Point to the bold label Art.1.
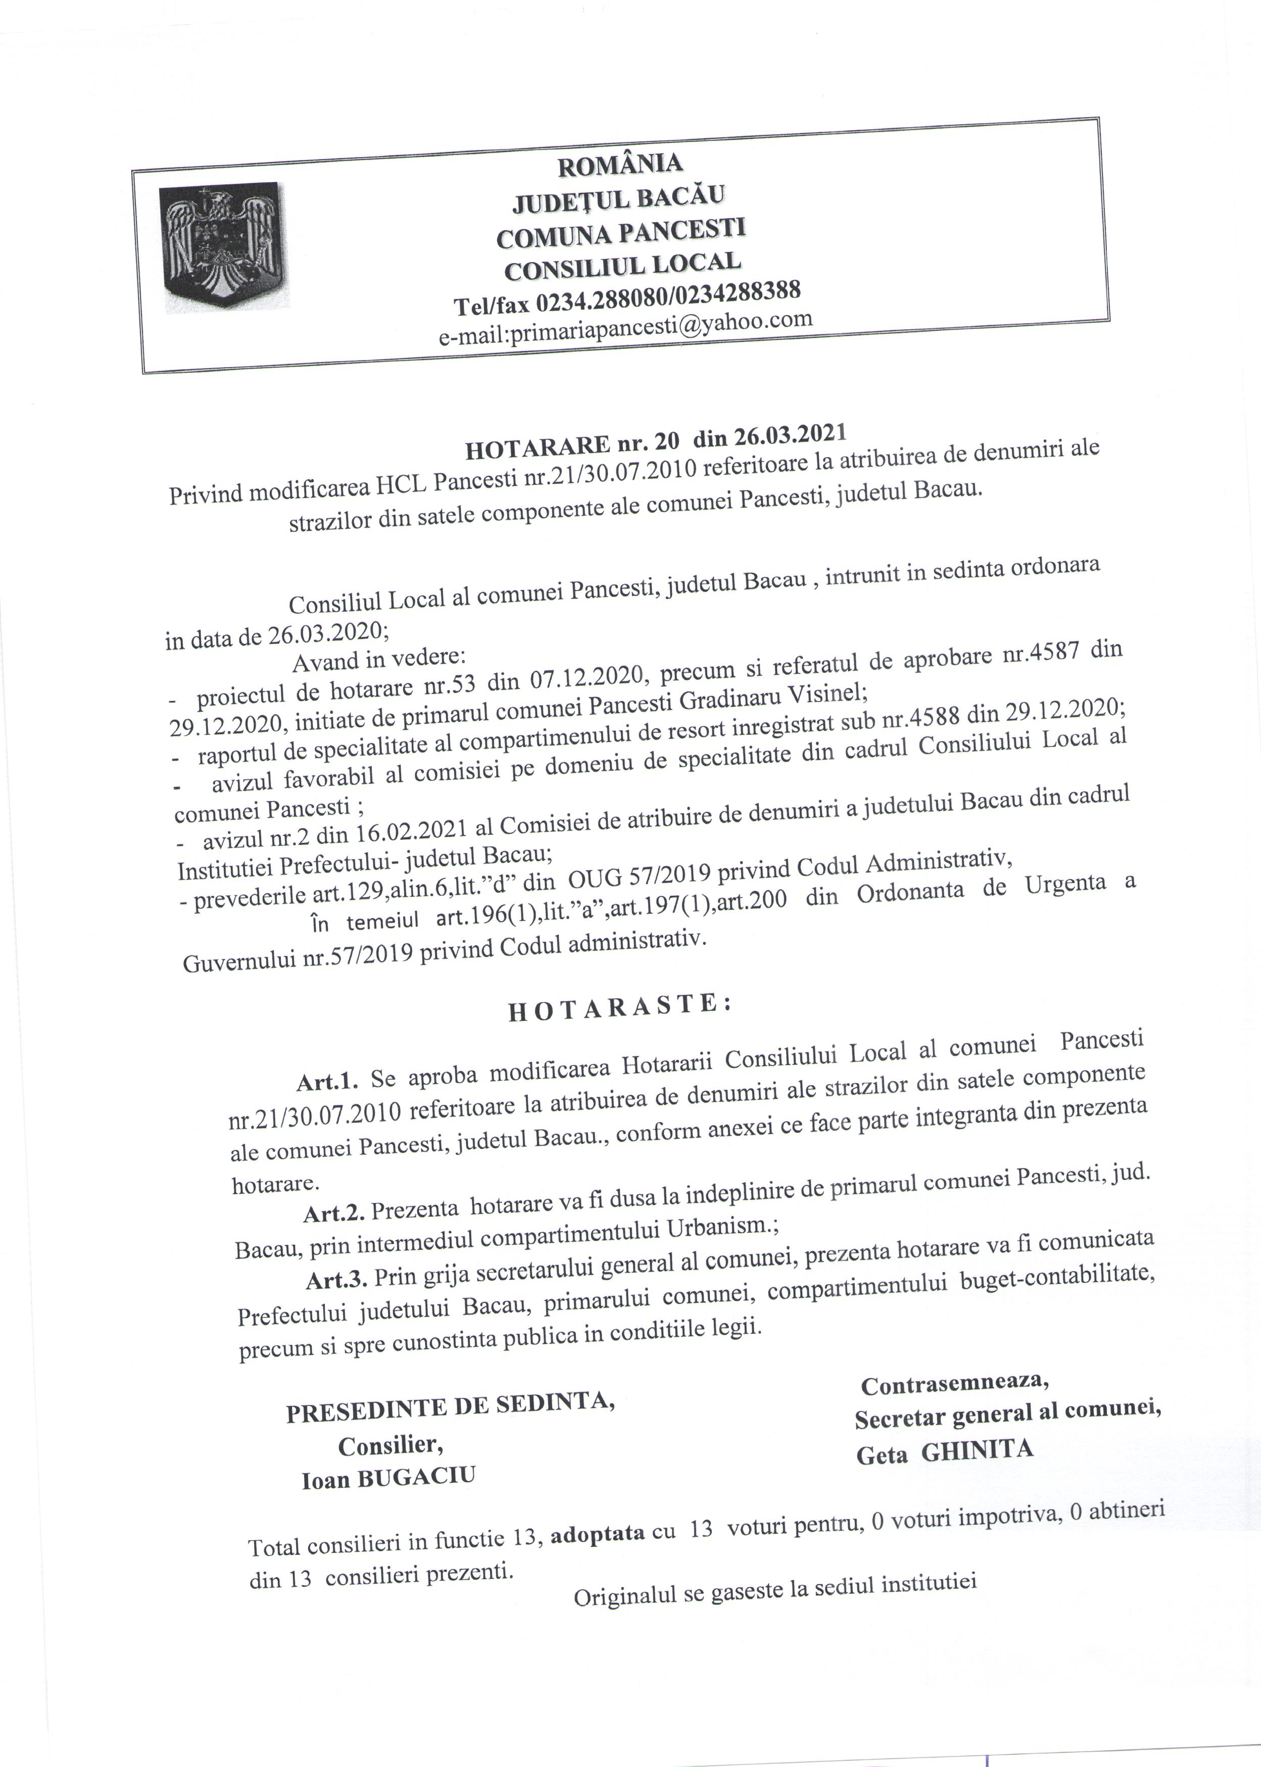click(327, 1080)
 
